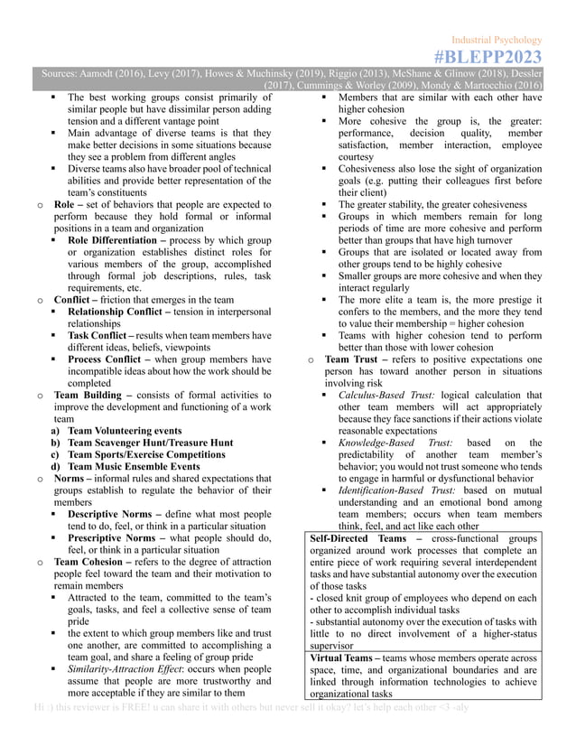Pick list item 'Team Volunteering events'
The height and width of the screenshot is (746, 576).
click(129, 431)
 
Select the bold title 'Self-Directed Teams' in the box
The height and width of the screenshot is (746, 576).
click(356, 538)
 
